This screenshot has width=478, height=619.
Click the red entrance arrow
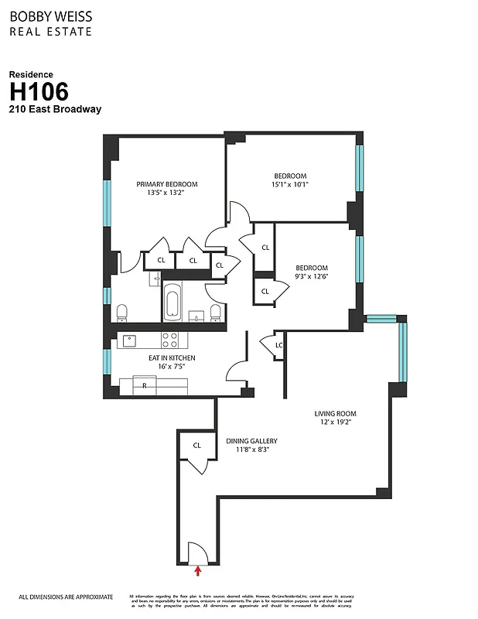pos(199,571)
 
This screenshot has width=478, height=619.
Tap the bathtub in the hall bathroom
pos(172,303)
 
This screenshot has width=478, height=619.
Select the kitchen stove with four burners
pos(169,340)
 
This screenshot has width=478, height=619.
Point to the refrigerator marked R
pos(144,385)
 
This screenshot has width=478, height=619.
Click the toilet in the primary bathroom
pos(121,313)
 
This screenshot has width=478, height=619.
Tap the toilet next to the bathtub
pos(216,313)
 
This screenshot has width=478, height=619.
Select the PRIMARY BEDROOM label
pos(167,184)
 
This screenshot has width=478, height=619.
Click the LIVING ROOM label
pos(335,414)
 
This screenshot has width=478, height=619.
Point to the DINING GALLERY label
pos(251,441)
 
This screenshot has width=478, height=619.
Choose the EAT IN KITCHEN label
pos(172,358)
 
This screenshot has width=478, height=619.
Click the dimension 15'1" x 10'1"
pos(290,185)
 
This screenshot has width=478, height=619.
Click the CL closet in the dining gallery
pos(197,446)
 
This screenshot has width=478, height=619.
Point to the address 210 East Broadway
pos(55,109)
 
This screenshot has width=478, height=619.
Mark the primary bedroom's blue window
pos(108,202)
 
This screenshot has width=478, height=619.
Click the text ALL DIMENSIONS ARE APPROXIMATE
pos(66,597)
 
